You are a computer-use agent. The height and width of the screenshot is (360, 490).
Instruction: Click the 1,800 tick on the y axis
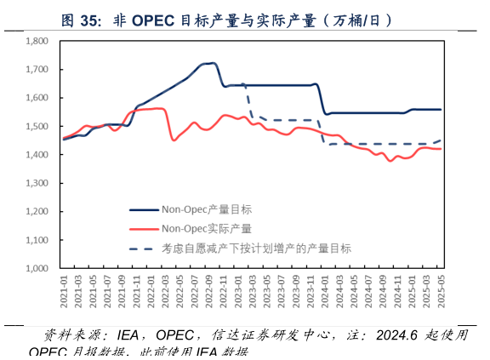(x=35, y=41)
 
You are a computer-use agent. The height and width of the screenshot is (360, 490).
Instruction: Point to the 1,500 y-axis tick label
(x=35, y=126)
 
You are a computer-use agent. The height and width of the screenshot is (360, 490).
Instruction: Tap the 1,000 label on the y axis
(x=35, y=268)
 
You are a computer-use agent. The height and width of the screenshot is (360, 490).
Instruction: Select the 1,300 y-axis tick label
(x=35, y=183)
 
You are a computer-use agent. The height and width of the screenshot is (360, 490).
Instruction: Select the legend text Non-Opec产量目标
(x=206, y=209)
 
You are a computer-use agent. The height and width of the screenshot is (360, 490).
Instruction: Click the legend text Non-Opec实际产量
(x=206, y=228)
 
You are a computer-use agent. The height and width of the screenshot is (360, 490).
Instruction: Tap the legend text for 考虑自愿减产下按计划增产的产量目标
(x=256, y=249)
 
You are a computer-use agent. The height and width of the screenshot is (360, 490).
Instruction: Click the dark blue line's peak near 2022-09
(x=213, y=63)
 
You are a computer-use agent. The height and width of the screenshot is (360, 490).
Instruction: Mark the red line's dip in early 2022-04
(x=174, y=140)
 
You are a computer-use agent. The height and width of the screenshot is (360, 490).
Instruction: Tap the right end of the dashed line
(x=440, y=140)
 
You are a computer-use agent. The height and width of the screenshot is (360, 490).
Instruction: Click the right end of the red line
(x=440, y=149)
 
